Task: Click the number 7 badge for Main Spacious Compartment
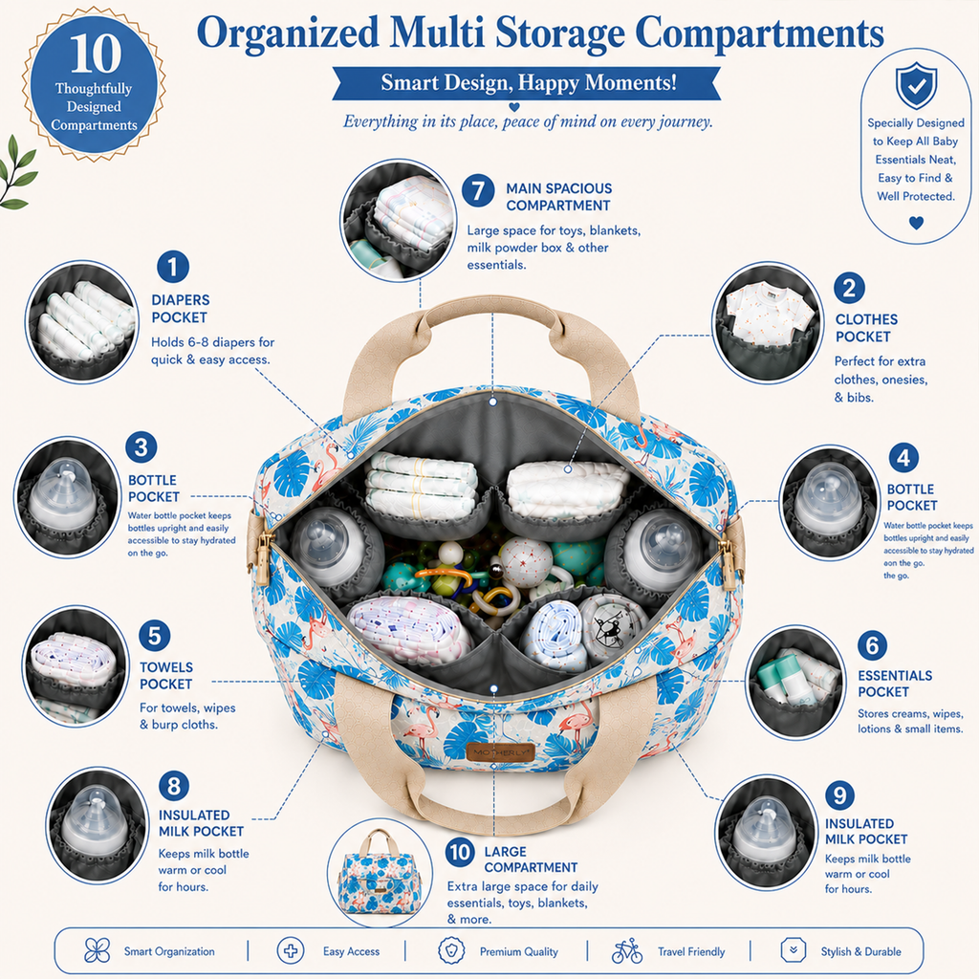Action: (478, 190)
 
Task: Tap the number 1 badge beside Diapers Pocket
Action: (173, 268)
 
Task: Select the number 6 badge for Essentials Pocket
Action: (872, 645)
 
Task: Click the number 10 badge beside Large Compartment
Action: (460, 852)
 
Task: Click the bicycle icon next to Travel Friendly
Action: (627, 951)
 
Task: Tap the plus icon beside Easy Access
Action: (291, 951)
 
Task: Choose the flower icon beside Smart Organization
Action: (97, 951)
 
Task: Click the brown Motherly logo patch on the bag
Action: (500, 752)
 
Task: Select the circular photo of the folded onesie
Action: (768, 322)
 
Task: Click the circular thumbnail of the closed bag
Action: (380, 874)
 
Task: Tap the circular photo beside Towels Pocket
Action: (75, 666)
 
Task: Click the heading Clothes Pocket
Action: (866, 328)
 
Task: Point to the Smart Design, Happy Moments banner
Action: (527, 83)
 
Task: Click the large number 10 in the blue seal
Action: (96, 54)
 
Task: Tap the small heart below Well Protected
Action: (916, 222)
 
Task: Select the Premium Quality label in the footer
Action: (519, 952)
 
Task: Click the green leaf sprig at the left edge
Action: (17, 172)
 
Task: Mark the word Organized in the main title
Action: (289, 34)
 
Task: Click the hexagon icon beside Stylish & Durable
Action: (793, 950)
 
